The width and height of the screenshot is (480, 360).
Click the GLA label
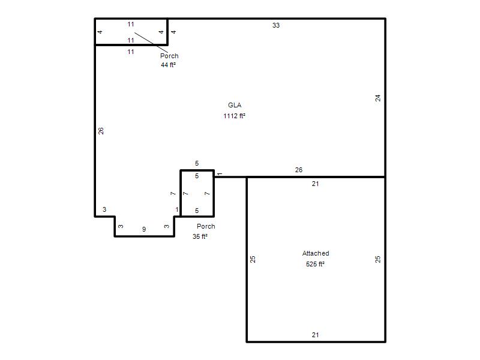pyautogui.click(x=235, y=105)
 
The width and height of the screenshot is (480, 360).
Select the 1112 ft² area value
pyautogui.click(x=235, y=116)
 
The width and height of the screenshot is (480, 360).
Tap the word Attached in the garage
pyautogui.click(x=316, y=253)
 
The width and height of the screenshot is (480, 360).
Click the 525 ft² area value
pyautogui.click(x=316, y=264)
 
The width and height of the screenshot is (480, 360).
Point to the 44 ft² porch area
pyautogui.click(x=169, y=65)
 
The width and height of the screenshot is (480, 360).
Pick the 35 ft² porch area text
pyautogui.click(x=200, y=236)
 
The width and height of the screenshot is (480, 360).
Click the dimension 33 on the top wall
pyautogui.click(x=276, y=25)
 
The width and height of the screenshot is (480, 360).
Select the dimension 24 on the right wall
pyautogui.click(x=378, y=98)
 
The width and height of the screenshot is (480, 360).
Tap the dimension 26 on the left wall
pyautogui.click(x=101, y=131)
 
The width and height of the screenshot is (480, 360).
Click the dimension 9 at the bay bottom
pyautogui.click(x=144, y=229)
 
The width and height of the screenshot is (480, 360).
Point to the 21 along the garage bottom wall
pyautogui.click(x=316, y=335)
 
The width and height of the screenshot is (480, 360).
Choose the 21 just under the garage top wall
pyautogui.click(x=316, y=184)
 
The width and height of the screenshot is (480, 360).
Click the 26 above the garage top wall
pyautogui.click(x=299, y=170)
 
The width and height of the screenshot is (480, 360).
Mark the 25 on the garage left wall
pyautogui.click(x=253, y=259)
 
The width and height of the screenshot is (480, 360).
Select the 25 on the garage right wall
pyautogui.click(x=378, y=259)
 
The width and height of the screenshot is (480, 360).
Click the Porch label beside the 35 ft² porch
pyautogui.click(x=206, y=226)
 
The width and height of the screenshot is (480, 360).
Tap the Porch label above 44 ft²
pyautogui.click(x=169, y=56)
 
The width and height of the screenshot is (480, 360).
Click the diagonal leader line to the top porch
pyautogui.click(x=151, y=43)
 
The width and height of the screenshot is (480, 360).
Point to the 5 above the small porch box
pyautogui.click(x=197, y=163)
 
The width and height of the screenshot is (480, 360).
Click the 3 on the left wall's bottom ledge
pyautogui.click(x=104, y=209)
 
